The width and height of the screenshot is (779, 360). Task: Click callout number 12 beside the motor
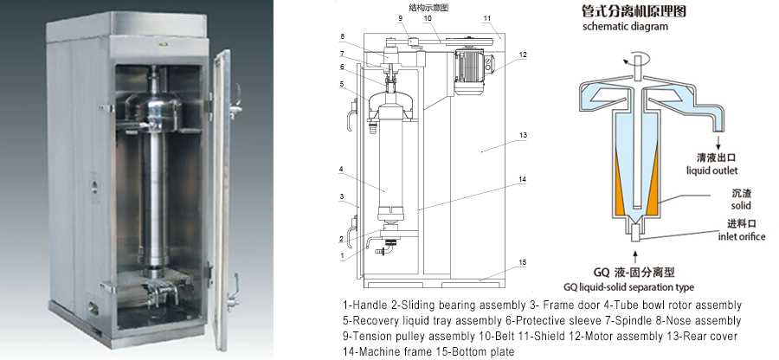pyautogui.click(x=522, y=55)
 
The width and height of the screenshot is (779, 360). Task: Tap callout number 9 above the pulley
pyautogui.click(x=400, y=19)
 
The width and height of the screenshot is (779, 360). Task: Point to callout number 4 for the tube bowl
pyautogui.click(x=341, y=170)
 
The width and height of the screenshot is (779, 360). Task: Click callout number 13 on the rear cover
pyautogui.click(x=522, y=135)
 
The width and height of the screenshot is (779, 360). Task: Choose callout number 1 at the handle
pyautogui.click(x=342, y=255)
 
